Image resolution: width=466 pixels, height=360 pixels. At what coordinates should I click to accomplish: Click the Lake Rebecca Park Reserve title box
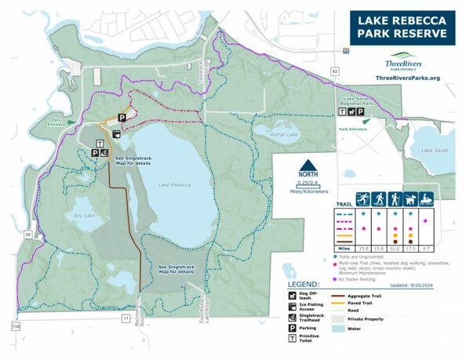402,27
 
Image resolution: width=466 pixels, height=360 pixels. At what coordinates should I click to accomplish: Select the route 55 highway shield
345,50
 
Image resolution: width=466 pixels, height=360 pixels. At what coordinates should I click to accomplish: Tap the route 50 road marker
28,234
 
